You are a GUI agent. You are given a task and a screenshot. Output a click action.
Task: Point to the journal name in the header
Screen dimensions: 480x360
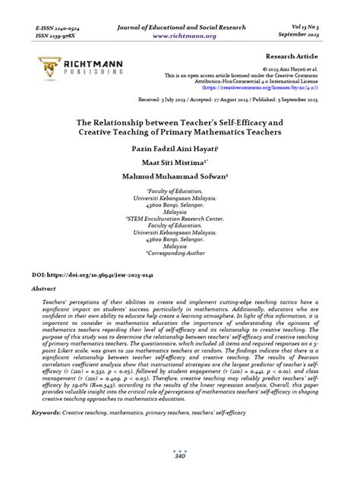click(179, 25)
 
